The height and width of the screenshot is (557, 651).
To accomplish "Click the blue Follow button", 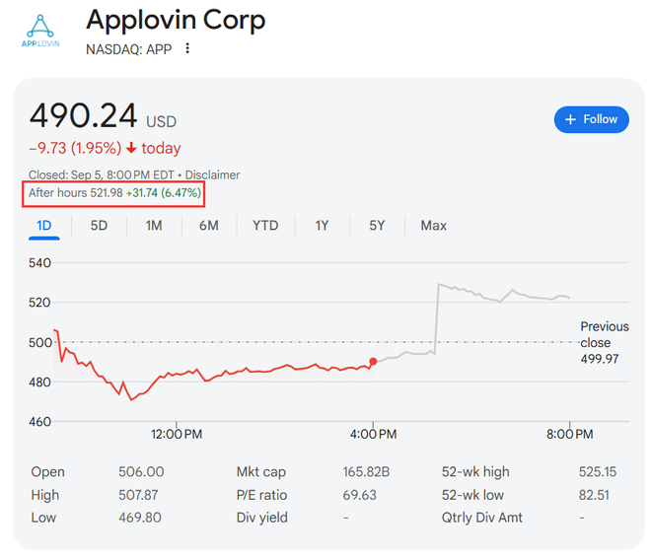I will coord(591,119).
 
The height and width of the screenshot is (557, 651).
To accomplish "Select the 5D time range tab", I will coord(99,226).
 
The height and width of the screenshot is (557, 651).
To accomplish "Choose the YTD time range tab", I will coord(265,226).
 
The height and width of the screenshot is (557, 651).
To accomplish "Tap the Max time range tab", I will coord(433,226).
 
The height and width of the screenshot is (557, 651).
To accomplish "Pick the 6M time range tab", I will coord(208,226).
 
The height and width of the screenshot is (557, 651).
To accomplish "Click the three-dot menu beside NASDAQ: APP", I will coord(187,48).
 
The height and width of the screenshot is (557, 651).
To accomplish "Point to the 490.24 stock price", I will coord(84,116).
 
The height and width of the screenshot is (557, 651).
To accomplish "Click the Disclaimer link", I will coord(213,174).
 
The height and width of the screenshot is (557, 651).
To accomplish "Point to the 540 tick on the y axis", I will coord(39,263).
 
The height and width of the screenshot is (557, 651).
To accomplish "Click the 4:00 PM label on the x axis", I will coord(374,434).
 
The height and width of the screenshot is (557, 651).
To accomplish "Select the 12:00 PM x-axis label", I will coord(177,434).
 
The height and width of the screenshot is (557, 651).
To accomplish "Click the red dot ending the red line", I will coord(373,362).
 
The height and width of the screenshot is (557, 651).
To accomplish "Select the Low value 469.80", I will coord(141,518).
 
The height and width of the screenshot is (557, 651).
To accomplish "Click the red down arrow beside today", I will coord(131,149).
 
